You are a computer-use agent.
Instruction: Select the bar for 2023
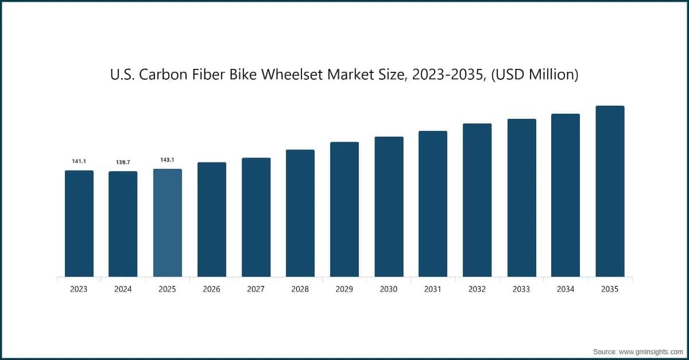[x=79, y=223]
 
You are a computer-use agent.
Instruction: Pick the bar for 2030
[x=389, y=207]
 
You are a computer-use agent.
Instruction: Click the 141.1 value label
[x=79, y=162]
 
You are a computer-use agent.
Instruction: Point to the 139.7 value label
[x=123, y=163]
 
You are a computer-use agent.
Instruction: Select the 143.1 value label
[x=167, y=160]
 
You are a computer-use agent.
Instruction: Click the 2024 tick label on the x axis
[x=123, y=289]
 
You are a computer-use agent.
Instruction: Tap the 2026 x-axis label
[x=211, y=289]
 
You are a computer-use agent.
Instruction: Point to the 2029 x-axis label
[x=344, y=289]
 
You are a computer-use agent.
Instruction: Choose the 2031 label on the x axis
[x=433, y=289]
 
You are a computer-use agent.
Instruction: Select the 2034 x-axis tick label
[x=566, y=289]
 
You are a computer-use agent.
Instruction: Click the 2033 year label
[x=521, y=289]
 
